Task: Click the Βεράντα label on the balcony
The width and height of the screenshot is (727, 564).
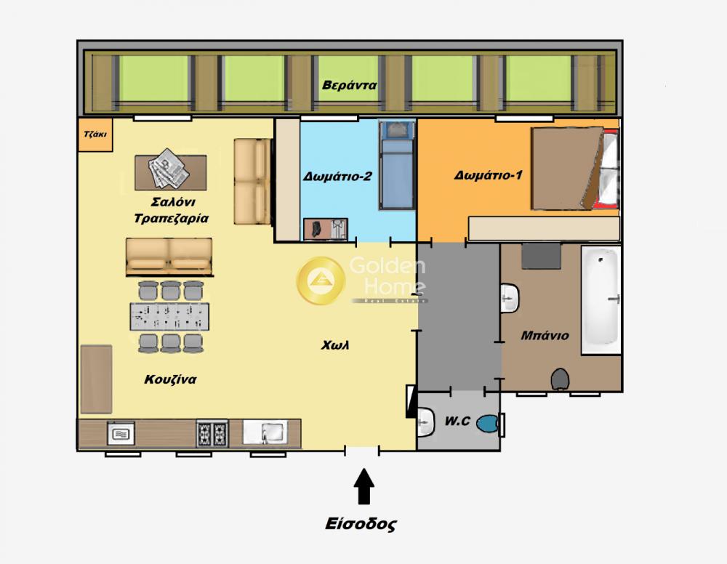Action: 349,85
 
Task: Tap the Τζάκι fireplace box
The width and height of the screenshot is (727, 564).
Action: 95,134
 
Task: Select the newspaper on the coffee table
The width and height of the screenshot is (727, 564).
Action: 169,168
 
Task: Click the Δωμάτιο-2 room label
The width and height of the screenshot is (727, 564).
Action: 337,177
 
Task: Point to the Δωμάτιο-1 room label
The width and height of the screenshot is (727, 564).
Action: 489,175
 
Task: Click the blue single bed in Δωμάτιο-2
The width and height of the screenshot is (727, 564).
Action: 396,165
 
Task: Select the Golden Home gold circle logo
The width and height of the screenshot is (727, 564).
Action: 321,280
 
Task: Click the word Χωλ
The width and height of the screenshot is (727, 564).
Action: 335,345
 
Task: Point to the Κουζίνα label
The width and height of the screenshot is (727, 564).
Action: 170,379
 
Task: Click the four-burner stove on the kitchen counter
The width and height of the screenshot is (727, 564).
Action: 212,433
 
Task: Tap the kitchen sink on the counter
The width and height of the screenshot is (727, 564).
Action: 265,432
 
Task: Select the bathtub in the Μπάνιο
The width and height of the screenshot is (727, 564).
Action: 601,300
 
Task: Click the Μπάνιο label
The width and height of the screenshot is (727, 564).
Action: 545,336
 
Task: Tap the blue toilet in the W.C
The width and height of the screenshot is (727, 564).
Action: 489,424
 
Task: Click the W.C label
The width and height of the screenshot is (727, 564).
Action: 457,422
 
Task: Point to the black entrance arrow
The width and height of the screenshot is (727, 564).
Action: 364,486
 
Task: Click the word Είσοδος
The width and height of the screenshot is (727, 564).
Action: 361,524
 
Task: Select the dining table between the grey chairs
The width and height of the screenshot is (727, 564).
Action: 169,317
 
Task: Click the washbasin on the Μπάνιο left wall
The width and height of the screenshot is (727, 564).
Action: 510,298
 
